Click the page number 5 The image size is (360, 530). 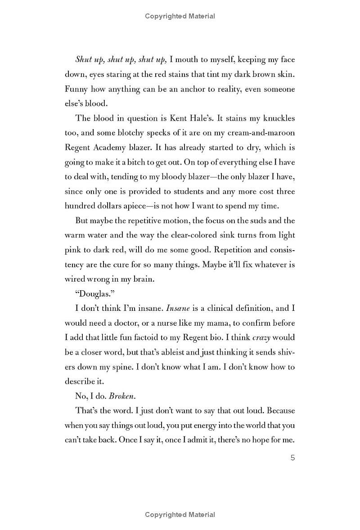coord(292,458)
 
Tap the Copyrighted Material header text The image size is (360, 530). coord(180,16)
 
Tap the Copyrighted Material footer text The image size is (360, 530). coord(180,515)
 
